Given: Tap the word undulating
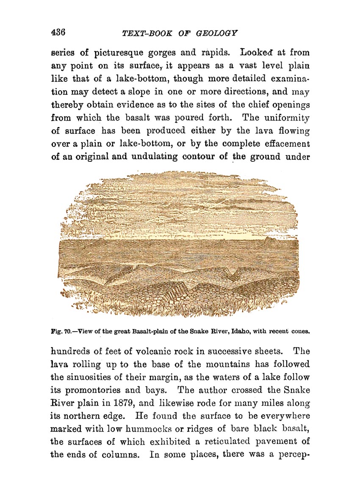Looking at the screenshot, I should click(x=150, y=156).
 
